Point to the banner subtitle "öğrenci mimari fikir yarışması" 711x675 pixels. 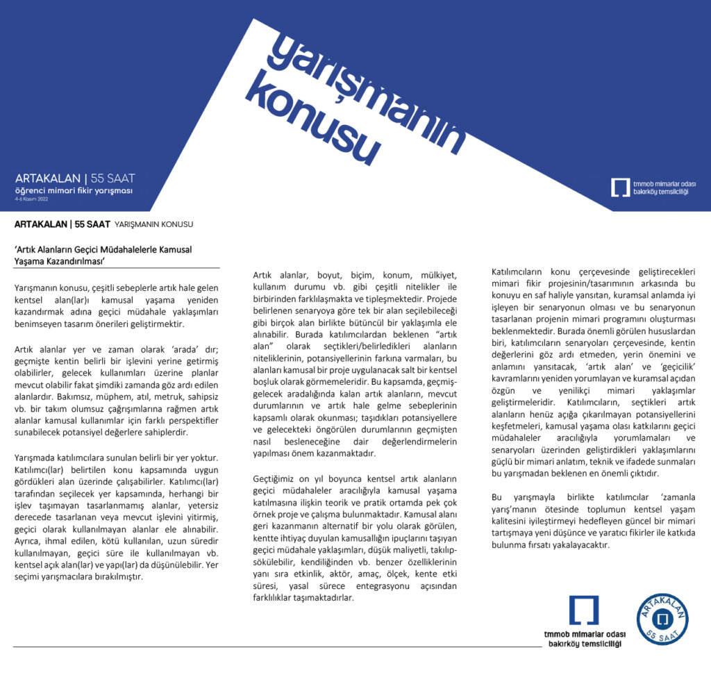click(x=74, y=191)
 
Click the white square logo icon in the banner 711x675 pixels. click(x=619, y=187)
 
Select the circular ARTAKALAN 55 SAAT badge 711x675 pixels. click(x=662, y=619)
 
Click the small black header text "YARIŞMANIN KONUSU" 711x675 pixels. click(x=153, y=224)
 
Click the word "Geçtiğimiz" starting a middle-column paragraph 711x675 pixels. click(x=276, y=478)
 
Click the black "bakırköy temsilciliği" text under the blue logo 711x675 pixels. click(x=583, y=644)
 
